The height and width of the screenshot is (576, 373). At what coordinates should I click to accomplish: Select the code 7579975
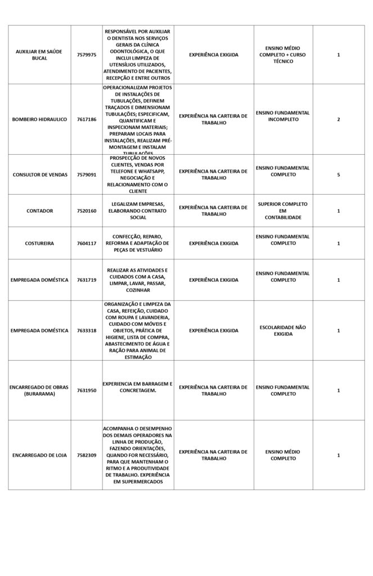[x=87, y=55]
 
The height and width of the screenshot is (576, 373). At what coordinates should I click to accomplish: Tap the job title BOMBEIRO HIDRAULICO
[x=39, y=119]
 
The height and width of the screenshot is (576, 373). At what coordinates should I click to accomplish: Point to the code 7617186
[x=87, y=119]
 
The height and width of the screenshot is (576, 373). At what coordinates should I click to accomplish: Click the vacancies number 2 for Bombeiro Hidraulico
[x=338, y=119]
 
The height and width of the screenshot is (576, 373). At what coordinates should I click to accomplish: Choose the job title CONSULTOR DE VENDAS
[x=39, y=174]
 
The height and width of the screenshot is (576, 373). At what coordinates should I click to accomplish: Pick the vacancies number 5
[x=338, y=174]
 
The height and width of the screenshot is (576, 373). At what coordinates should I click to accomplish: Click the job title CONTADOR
[x=39, y=211]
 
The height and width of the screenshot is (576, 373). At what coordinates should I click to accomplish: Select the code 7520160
[x=87, y=211]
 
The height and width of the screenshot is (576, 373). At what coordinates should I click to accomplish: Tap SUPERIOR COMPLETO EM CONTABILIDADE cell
[x=282, y=211]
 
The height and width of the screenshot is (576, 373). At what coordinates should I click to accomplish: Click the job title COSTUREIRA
[x=39, y=244]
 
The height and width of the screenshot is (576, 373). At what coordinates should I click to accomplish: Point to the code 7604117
[x=87, y=244]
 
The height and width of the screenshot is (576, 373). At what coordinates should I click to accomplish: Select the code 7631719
[x=87, y=280]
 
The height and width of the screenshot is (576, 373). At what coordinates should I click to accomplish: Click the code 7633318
[x=87, y=330]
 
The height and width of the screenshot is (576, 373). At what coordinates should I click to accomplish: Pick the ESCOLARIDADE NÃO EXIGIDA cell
[x=282, y=330]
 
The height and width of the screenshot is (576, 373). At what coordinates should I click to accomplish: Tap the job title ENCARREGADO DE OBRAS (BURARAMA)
[x=39, y=390]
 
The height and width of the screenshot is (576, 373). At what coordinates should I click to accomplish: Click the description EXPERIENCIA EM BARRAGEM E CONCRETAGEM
[x=138, y=387]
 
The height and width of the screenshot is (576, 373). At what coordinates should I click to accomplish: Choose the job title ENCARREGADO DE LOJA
[x=39, y=454]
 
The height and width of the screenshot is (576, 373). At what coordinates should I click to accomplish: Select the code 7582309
[x=87, y=454]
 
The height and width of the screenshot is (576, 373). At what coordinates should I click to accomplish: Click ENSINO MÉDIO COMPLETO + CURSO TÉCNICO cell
[x=282, y=55]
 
